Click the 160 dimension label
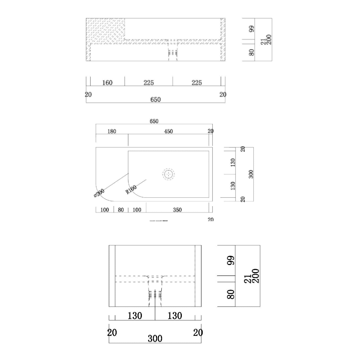coord(107,83)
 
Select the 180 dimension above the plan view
coord(112,131)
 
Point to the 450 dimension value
coord(168,131)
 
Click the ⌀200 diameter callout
coord(99,194)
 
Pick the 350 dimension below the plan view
coord(177,210)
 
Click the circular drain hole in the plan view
coord(168,175)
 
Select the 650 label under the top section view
coord(156,100)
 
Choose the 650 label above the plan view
coord(154,122)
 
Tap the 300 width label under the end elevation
coord(155,338)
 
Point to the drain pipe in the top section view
coord(173,50)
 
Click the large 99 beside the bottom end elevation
coord(231,260)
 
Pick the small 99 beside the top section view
coord(252,28)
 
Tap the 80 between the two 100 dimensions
coord(121,210)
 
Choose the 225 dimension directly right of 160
coord(148,83)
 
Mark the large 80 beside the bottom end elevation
coord(231,294)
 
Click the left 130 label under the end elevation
coord(135,316)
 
